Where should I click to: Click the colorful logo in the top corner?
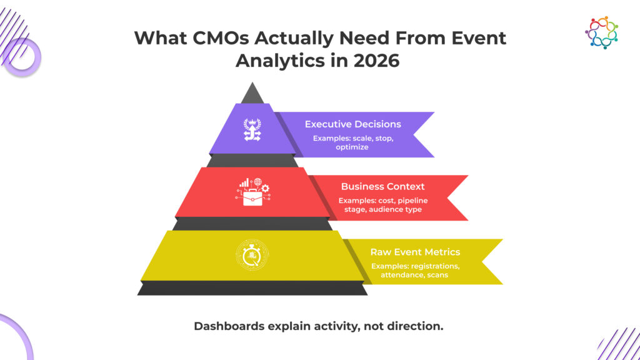pos(602,32)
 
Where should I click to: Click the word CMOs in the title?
pos(220,38)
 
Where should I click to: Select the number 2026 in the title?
pos(376,61)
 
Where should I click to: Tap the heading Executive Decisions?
pos(353,124)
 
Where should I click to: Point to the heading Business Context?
pos(383,186)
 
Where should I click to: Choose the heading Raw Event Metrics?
pos(415,252)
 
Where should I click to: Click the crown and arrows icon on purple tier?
pos(252,129)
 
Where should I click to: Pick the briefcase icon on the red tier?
pos(252,192)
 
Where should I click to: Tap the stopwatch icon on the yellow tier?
pos(252,255)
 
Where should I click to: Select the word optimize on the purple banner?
pos(352,147)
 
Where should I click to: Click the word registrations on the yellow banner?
pos(435,266)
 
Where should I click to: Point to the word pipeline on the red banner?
pos(412,201)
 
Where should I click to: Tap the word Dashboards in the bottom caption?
pos(229,326)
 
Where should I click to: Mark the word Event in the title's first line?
pos(478,38)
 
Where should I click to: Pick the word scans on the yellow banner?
pos(437,275)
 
